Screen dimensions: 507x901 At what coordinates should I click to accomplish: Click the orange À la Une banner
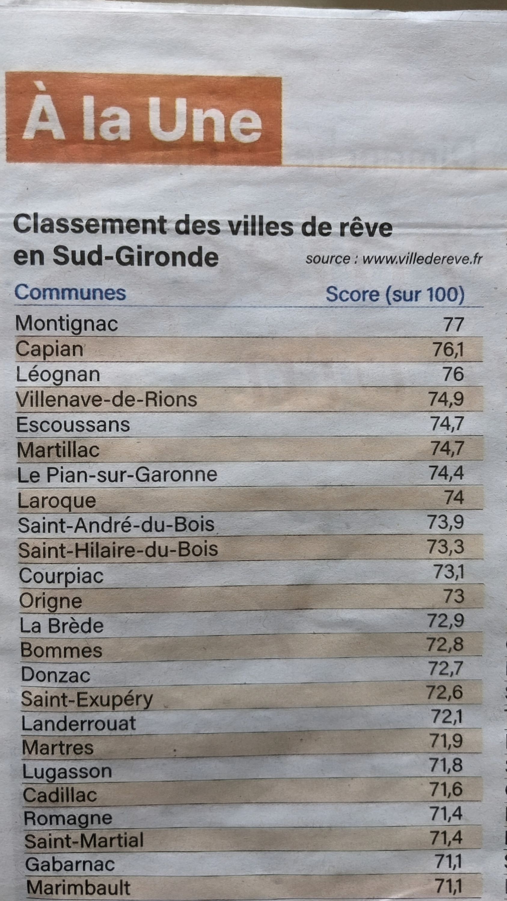pyautogui.click(x=144, y=119)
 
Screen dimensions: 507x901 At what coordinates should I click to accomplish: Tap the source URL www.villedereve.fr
pyautogui.click(x=422, y=259)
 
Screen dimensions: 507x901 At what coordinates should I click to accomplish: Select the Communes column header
pyautogui.click(x=70, y=293)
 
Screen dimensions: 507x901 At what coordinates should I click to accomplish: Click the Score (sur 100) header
pyautogui.click(x=395, y=295)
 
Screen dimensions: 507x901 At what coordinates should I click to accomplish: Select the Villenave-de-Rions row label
pyautogui.click(x=107, y=400)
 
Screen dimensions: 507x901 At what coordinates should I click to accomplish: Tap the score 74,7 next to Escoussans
pyautogui.click(x=447, y=424)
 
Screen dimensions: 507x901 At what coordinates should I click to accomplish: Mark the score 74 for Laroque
pyautogui.click(x=454, y=497)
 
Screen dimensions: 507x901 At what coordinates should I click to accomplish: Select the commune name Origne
pyautogui.click(x=51, y=601)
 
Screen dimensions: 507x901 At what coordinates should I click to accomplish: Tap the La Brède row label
pyautogui.click(x=62, y=626)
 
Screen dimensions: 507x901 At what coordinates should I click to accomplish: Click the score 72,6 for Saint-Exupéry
pyautogui.click(x=445, y=692)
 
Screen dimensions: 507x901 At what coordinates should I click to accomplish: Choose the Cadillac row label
pyautogui.click(x=60, y=795)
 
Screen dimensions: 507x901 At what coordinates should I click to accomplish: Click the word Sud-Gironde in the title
pyautogui.click(x=136, y=257)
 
